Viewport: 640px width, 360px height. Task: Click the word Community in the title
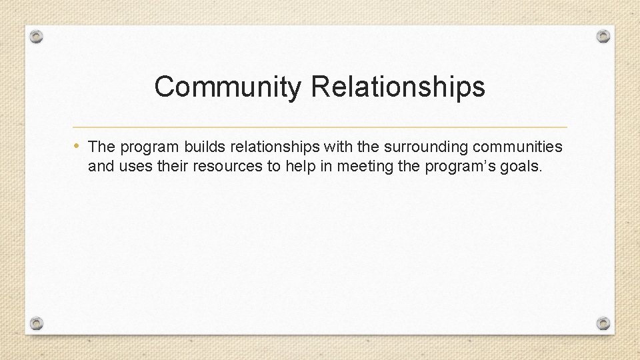tap(228, 87)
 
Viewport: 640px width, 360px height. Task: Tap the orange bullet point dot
tap(78, 145)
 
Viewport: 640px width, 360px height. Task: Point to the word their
tap(173, 166)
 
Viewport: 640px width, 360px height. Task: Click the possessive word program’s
tap(457, 166)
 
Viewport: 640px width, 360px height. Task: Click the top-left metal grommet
tap(37, 36)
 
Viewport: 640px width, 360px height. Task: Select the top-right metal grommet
tap(603, 35)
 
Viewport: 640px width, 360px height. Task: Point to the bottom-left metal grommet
tap(37, 323)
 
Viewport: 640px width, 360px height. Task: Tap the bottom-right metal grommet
tap(603, 323)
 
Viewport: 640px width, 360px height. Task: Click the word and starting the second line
tap(101, 166)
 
